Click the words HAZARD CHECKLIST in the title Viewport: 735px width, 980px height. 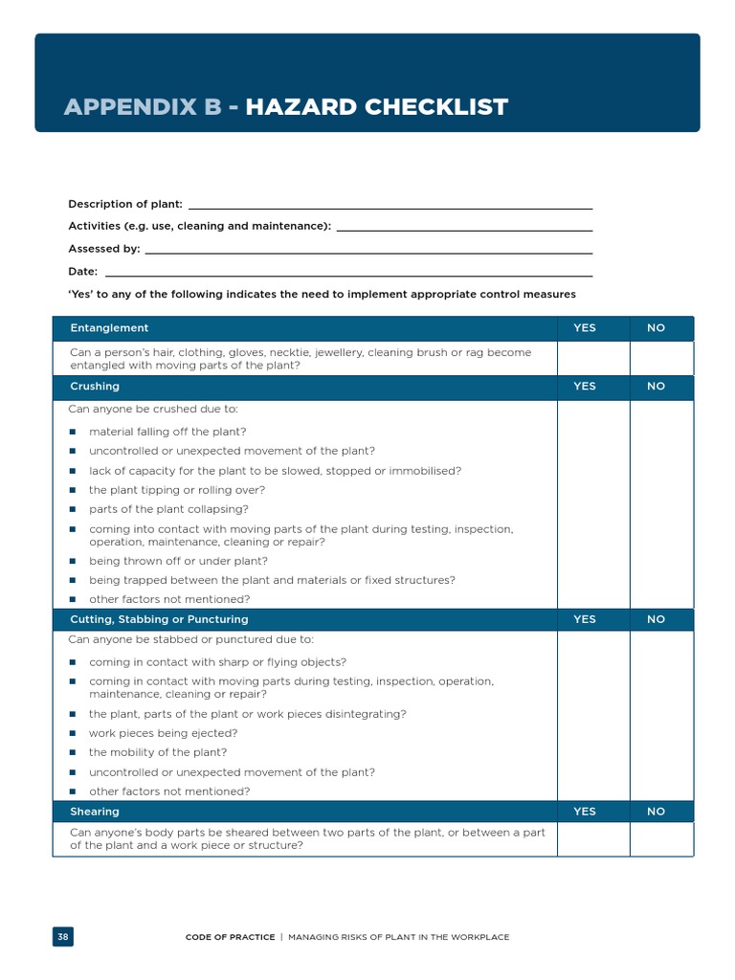coord(376,106)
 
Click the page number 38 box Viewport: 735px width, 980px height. coord(62,937)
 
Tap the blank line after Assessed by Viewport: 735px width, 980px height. coord(367,250)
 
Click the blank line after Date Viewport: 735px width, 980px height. coord(347,273)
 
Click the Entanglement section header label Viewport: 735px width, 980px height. coord(109,328)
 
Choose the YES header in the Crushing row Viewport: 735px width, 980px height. coord(584,387)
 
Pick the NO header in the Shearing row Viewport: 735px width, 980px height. coord(656,812)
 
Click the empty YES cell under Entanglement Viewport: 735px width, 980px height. coord(593,359)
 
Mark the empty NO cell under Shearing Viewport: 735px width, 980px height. coord(661,839)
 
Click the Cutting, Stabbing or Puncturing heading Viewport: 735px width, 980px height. coord(159,619)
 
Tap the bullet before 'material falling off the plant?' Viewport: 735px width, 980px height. coord(73,432)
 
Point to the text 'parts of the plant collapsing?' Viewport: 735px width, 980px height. coord(168,509)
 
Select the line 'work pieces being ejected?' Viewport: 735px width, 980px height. coord(163,733)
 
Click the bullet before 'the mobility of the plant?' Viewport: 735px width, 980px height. coord(73,753)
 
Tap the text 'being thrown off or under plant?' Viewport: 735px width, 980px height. coord(178,561)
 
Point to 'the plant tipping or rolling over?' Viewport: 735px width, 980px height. coord(177,490)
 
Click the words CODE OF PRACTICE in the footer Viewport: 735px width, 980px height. coord(230,937)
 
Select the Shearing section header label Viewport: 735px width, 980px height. coord(95,812)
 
